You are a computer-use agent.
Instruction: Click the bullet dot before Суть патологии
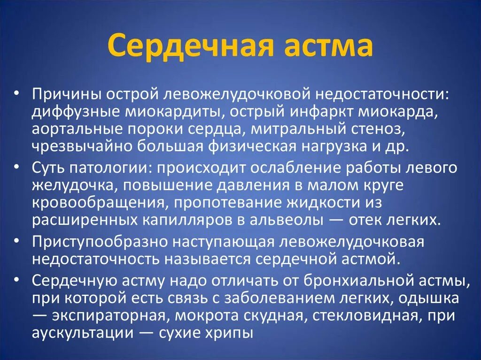pyautogui.click(x=16, y=167)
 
